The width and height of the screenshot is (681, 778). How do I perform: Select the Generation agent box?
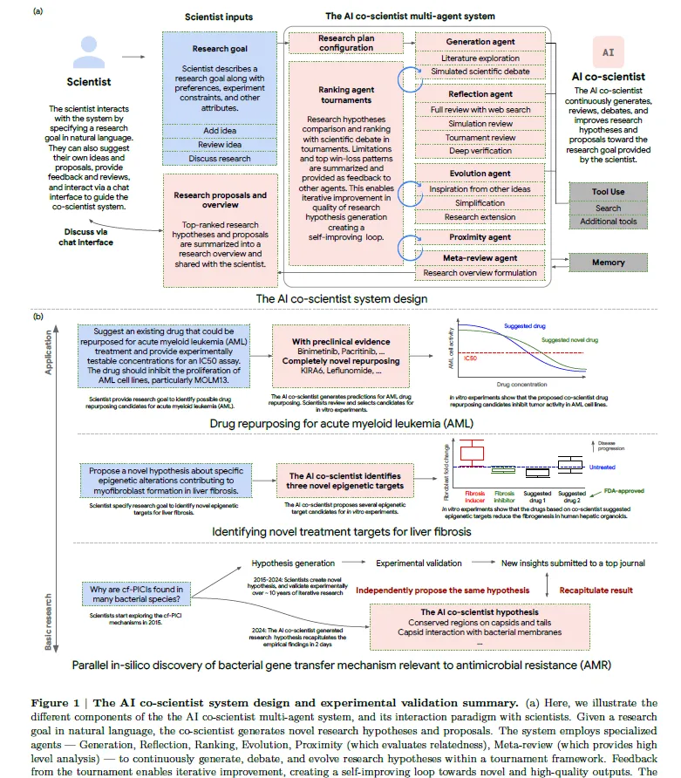(x=480, y=41)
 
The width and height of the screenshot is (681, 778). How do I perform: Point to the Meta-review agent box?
(x=480, y=257)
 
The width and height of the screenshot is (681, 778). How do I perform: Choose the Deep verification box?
(x=480, y=152)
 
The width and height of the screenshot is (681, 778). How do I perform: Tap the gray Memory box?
(x=609, y=262)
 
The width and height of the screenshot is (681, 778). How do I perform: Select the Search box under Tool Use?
(x=609, y=208)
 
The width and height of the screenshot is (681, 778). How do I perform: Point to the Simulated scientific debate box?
(x=480, y=72)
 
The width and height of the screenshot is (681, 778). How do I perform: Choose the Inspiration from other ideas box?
(x=480, y=188)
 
